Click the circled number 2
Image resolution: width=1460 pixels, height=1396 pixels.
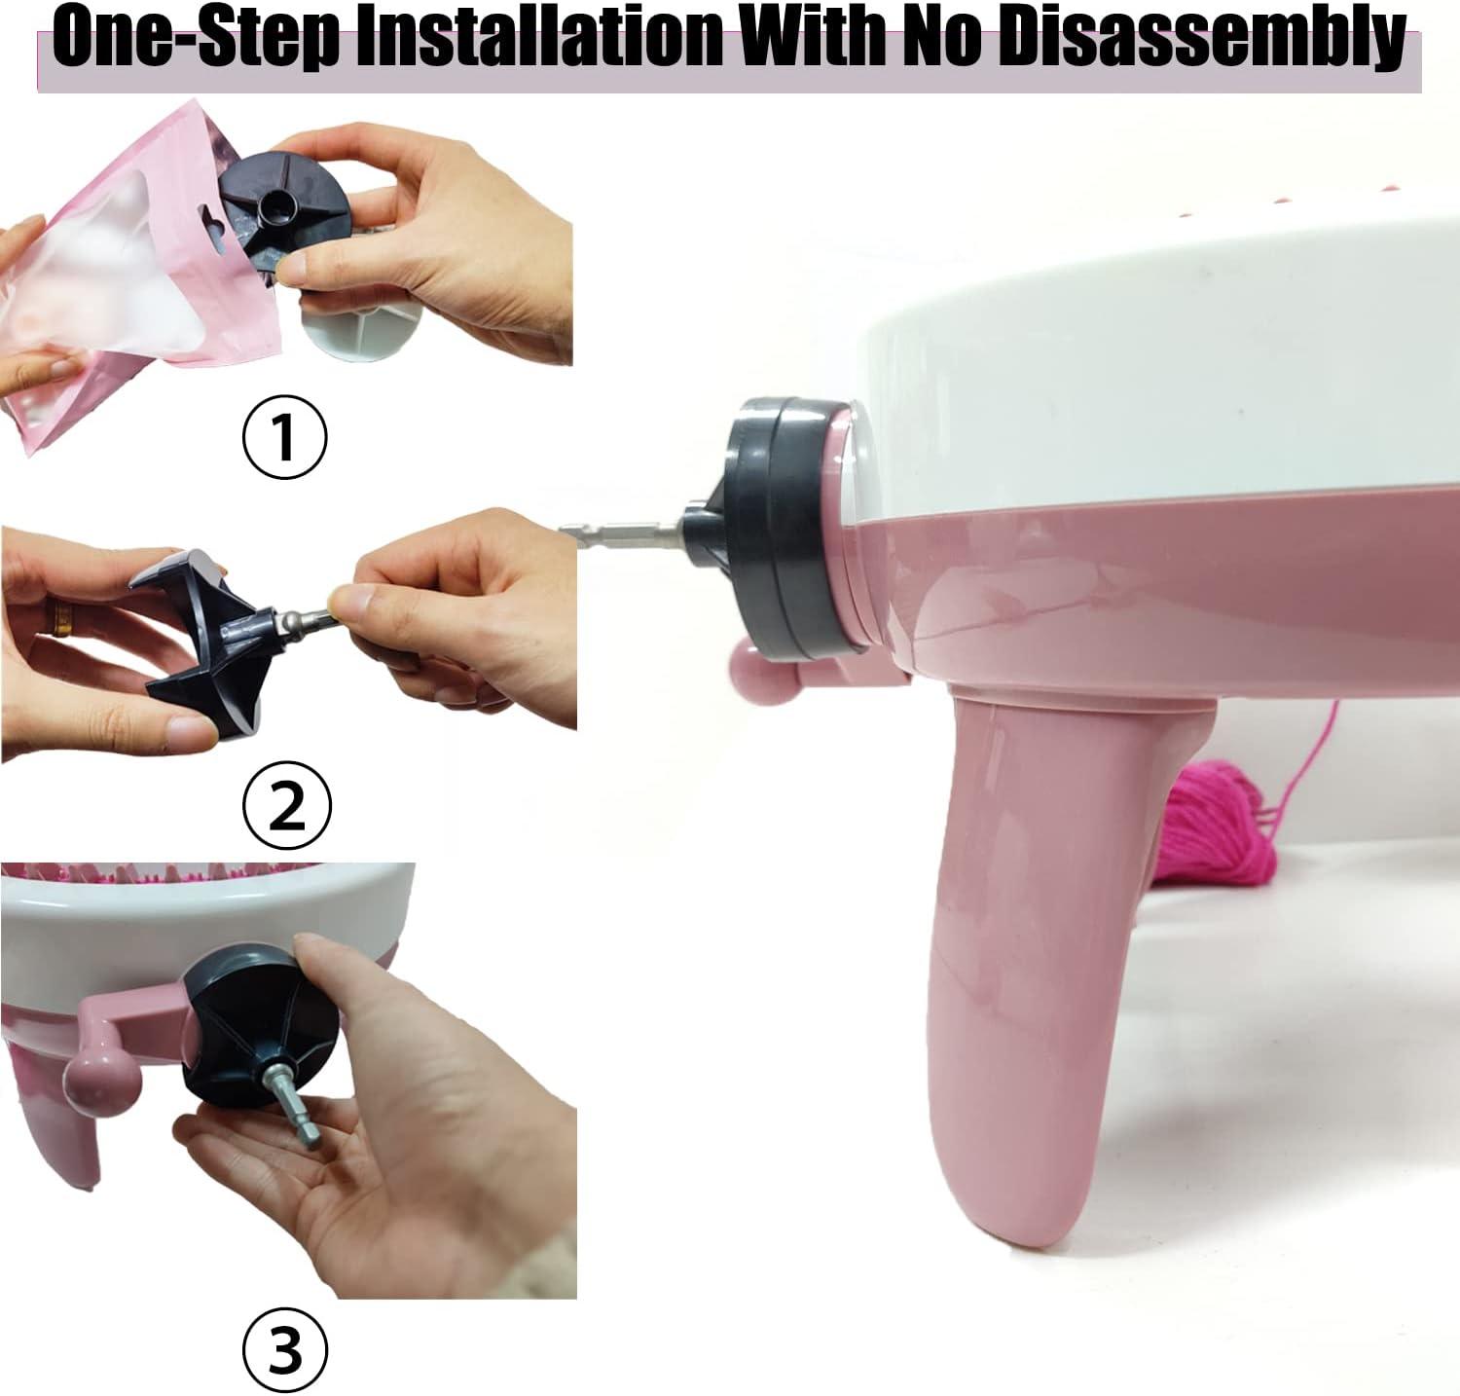coord(286,805)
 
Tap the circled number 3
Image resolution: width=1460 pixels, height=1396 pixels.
coord(285,1349)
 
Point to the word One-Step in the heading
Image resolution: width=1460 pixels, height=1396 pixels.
coord(195,39)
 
